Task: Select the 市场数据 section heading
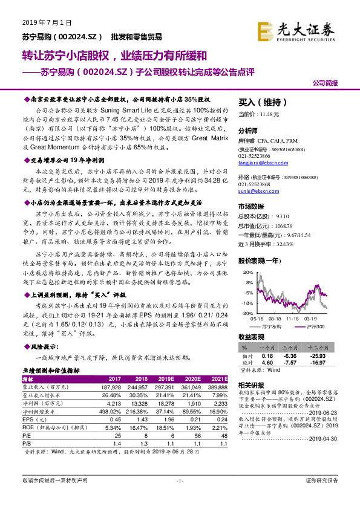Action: tap(251, 206)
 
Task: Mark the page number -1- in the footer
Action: tap(179, 497)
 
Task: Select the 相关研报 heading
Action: tap(251, 384)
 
